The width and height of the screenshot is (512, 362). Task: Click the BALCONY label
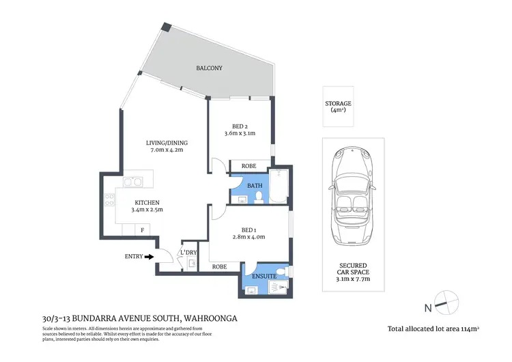click(210, 68)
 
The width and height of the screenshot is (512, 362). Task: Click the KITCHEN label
click(147, 203)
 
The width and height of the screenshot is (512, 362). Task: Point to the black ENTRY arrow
click(149, 257)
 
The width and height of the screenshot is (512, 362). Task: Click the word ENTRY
click(134, 257)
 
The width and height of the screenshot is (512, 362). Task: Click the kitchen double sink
click(133, 182)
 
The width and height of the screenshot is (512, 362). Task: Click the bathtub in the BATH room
click(280, 187)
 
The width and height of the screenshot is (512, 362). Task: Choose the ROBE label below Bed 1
click(219, 266)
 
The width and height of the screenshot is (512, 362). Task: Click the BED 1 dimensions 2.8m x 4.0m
click(248, 237)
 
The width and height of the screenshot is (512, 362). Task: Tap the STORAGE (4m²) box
click(339, 106)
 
